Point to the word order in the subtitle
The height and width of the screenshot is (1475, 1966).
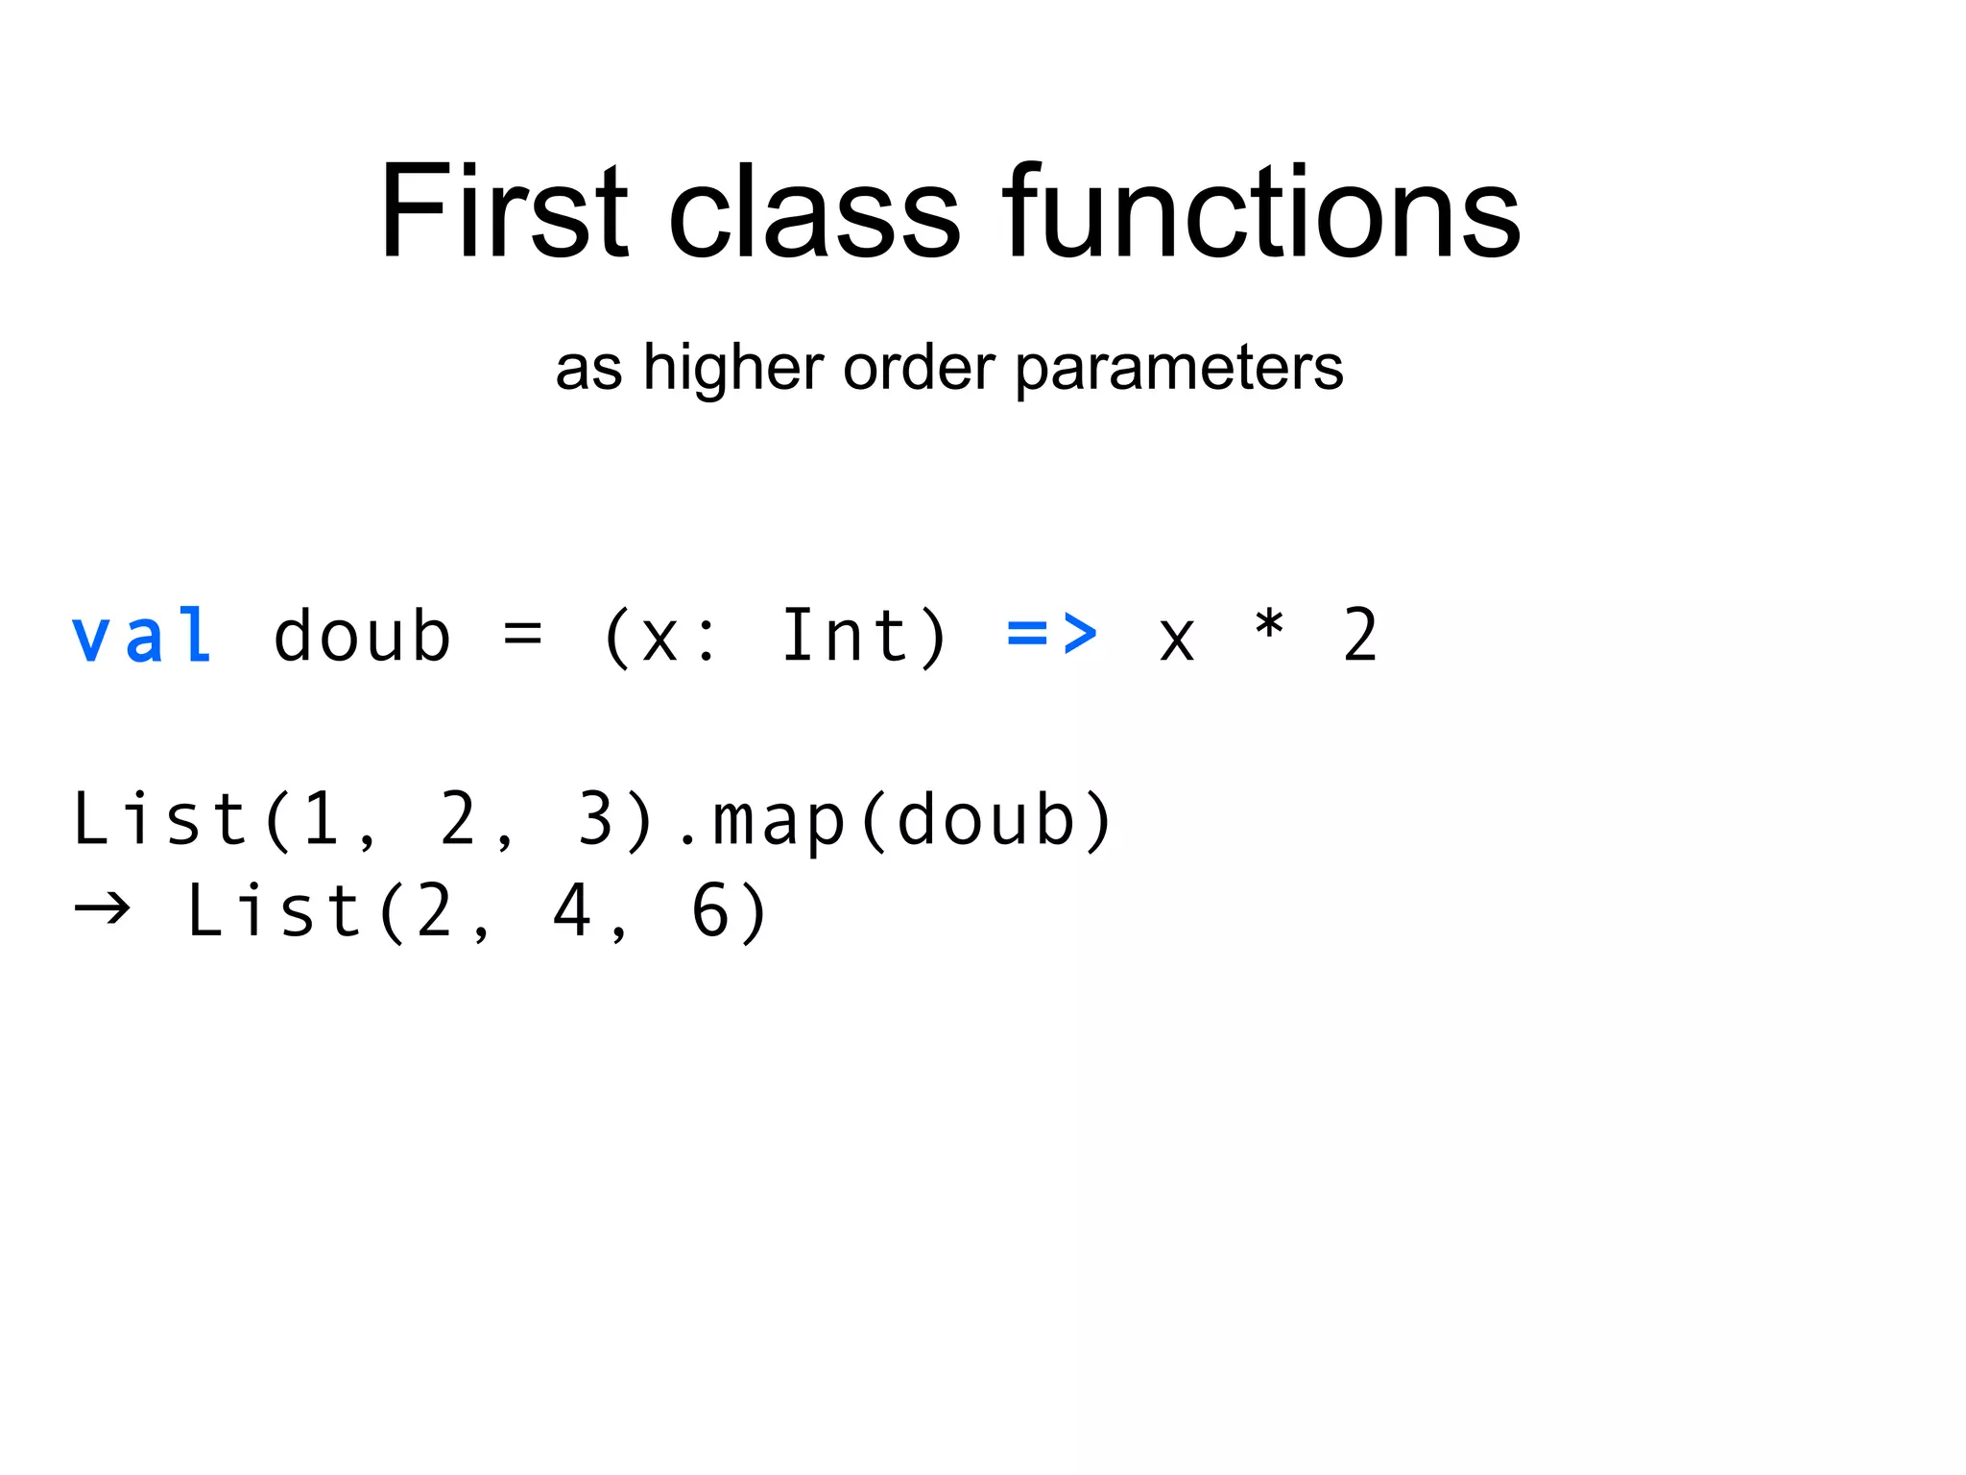point(919,367)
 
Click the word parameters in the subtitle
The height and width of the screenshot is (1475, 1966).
point(1179,369)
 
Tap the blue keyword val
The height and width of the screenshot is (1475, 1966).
point(142,636)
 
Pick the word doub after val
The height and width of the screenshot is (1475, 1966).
point(362,636)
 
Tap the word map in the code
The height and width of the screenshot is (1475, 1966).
point(779,822)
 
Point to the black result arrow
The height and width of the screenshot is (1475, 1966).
point(103,907)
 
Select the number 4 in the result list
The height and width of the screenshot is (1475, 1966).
point(571,910)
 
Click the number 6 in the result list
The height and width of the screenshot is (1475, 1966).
point(711,910)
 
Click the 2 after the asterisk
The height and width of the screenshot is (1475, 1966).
point(1360,635)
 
